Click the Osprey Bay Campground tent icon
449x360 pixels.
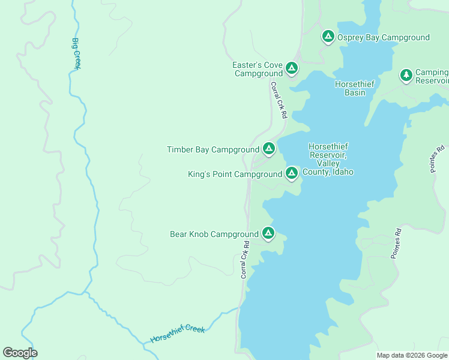[328, 37]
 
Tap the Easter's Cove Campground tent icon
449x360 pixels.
[292, 68]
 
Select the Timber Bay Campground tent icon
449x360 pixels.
[268, 148]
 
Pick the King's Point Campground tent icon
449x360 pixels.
[292, 173]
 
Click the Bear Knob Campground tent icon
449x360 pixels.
[268, 233]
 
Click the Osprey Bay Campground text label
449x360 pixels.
[383, 37]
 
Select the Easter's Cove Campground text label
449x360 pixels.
[258, 69]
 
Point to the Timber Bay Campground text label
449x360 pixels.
[213, 149]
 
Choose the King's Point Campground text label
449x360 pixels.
[235, 175]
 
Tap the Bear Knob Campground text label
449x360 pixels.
[214, 234]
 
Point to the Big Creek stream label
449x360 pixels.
[76, 54]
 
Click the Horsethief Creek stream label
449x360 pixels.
[178, 334]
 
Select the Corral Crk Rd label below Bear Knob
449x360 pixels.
[245, 259]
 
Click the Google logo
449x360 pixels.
[20, 353]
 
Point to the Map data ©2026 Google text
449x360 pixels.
[411, 355]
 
